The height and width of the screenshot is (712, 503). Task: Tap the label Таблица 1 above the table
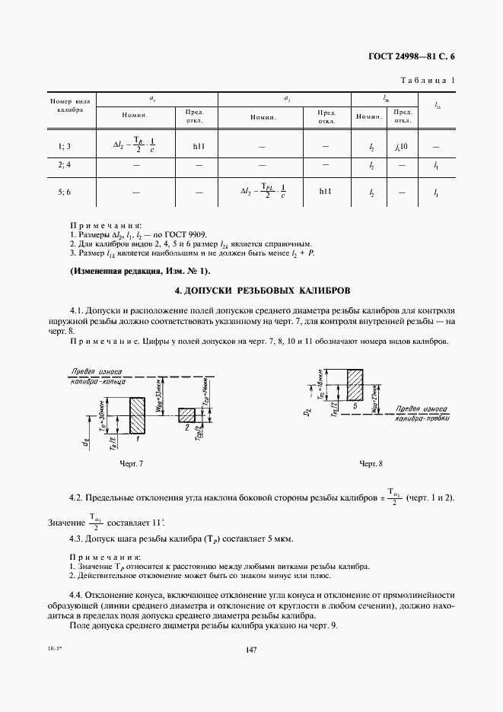pyautogui.click(x=428, y=80)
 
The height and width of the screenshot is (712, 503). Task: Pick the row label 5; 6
pyautogui.click(x=64, y=193)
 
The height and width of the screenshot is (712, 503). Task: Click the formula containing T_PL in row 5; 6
pyautogui.click(x=262, y=193)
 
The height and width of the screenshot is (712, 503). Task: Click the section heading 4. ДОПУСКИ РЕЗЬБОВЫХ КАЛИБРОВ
pyautogui.click(x=251, y=291)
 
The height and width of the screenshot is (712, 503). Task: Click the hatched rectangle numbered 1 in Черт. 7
pyautogui.click(x=138, y=415)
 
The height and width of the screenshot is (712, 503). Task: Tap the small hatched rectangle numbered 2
pyautogui.click(x=187, y=415)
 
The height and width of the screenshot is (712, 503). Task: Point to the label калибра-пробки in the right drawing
pyautogui.click(x=422, y=418)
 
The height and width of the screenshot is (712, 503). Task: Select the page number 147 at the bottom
pyautogui.click(x=251, y=649)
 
